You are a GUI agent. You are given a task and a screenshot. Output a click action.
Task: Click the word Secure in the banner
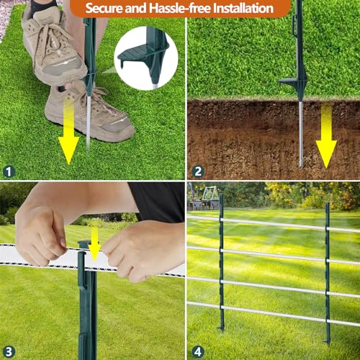(x=107, y=9)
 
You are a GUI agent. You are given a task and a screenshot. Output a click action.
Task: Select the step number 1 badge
(x=9, y=171)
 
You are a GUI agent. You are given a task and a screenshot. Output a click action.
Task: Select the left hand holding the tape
(x=43, y=234)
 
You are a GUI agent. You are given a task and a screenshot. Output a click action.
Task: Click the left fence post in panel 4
(x=221, y=259)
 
